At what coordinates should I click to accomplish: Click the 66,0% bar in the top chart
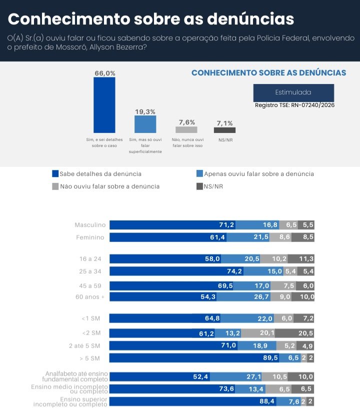pyautogui.click(x=104, y=105)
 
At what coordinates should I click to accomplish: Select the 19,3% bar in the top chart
pyautogui.click(x=145, y=124)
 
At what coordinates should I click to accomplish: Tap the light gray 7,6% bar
pyautogui.click(x=186, y=129)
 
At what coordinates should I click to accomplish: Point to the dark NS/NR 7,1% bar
pyautogui.click(x=224, y=130)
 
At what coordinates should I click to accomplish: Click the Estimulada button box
pyautogui.click(x=293, y=92)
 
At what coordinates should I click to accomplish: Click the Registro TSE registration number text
pyautogui.click(x=294, y=105)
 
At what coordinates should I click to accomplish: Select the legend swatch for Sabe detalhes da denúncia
pyautogui.click(x=55, y=174)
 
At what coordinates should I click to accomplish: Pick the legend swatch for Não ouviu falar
pyautogui.click(x=55, y=186)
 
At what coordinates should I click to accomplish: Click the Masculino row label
pyautogui.click(x=90, y=225)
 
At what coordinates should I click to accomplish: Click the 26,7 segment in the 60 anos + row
pyautogui.click(x=260, y=297)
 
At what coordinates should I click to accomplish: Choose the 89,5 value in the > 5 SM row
pyautogui.click(x=269, y=358)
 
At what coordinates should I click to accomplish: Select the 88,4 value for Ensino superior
pyautogui.click(x=267, y=401)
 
